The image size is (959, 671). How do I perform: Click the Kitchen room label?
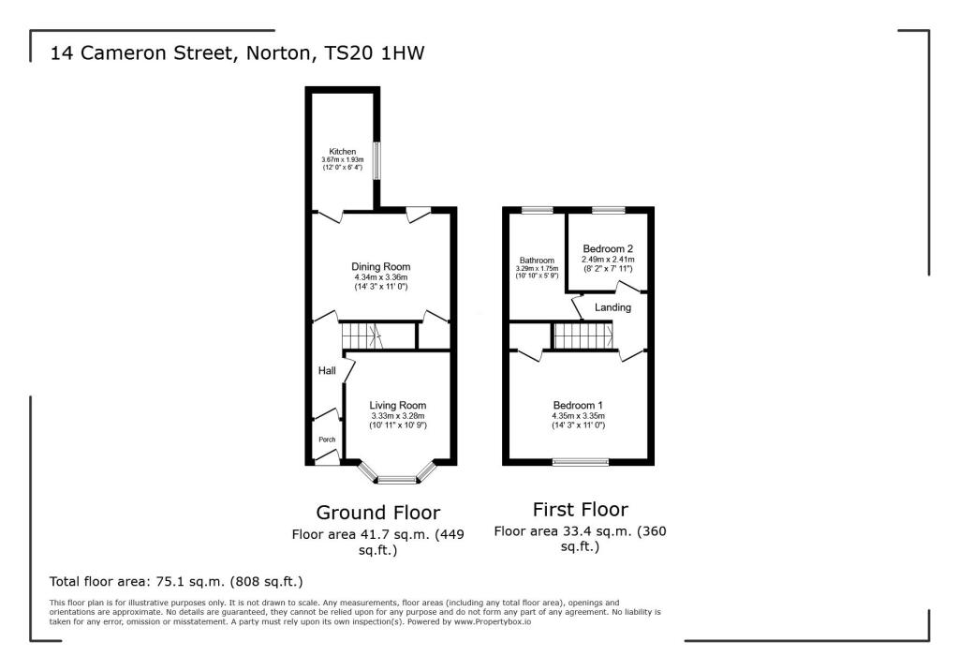pos(342,152)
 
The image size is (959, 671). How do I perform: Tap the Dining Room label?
pos(381,267)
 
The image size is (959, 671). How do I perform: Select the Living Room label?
pos(398,405)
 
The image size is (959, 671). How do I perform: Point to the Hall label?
pos(327,371)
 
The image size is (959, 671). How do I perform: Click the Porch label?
pos(327,440)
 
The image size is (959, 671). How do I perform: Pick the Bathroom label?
pos(538,261)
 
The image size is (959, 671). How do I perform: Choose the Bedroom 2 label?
pos(609,248)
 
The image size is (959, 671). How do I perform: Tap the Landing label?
pos(612,307)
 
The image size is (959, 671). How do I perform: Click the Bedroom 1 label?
pos(579,405)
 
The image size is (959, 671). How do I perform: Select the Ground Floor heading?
pos(377,513)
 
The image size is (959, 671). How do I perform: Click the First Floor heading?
pos(580,510)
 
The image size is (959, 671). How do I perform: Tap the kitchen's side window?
pos(377,160)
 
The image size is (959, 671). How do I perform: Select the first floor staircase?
pos(582,335)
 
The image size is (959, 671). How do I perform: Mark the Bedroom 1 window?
pos(579,461)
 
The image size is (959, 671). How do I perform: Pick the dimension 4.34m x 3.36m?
pos(381,278)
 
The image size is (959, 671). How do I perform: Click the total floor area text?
pos(176,581)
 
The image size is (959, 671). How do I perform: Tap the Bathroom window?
pos(538,210)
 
